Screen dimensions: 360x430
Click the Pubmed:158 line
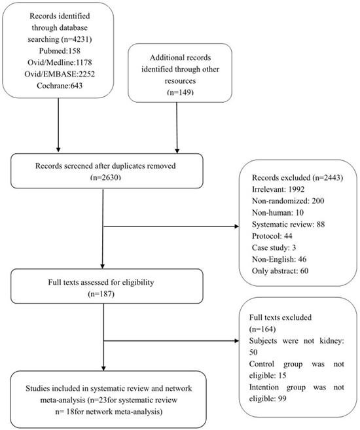[60, 51]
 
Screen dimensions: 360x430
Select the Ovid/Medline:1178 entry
[60, 63]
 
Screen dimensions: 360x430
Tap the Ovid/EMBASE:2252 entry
[60, 74]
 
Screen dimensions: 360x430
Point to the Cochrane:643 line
[60, 86]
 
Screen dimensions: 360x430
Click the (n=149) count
[180, 92]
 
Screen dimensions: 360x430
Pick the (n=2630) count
[105, 177]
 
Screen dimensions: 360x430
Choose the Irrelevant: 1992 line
[278, 189]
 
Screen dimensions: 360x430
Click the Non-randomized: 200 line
[288, 201]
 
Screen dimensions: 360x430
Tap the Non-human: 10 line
[278, 213]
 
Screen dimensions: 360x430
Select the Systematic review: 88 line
[288, 224]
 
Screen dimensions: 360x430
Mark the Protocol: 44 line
[272, 236]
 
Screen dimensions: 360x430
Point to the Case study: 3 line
[274, 247]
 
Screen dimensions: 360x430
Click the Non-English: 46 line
[279, 259]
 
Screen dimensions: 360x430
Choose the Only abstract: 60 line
[280, 271]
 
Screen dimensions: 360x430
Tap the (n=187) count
[101, 294]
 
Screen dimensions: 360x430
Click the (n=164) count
[262, 329]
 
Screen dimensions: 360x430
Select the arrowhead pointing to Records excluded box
[237, 226]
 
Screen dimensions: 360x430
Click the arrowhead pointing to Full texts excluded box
[237, 341]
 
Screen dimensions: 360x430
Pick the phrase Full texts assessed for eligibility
[101, 283]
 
